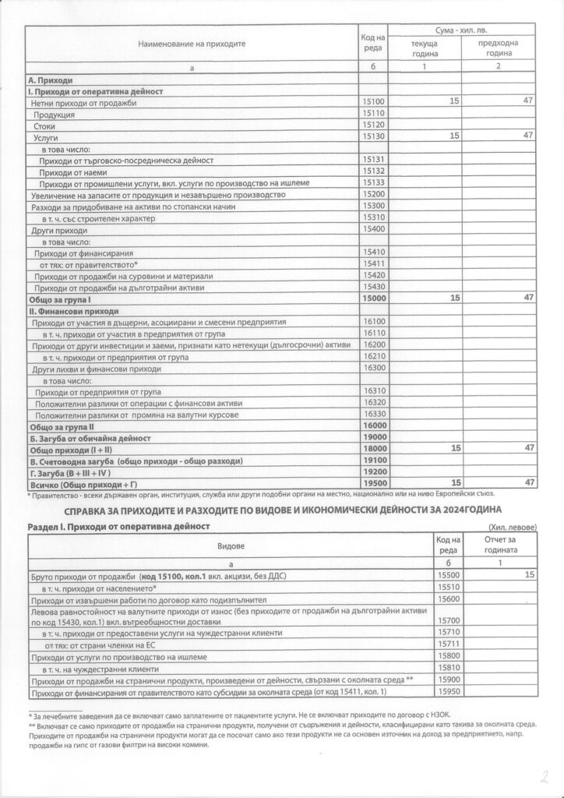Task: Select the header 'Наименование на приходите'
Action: coord(192,44)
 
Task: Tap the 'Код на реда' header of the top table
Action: coord(374,44)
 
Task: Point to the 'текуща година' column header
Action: coord(425,49)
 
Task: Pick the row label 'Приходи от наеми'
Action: coord(73,171)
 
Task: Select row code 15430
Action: coord(374,287)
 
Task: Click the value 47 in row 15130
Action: coord(527,136)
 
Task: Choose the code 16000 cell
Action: coord(374,426)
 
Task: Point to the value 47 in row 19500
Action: coord(527,483)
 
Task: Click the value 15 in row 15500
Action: coord(530,574)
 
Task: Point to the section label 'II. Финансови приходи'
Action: coord(73,310)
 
